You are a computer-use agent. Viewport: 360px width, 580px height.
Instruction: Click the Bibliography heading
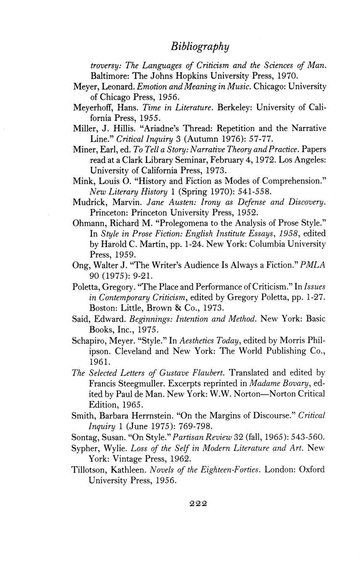[x=200, y=46]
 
